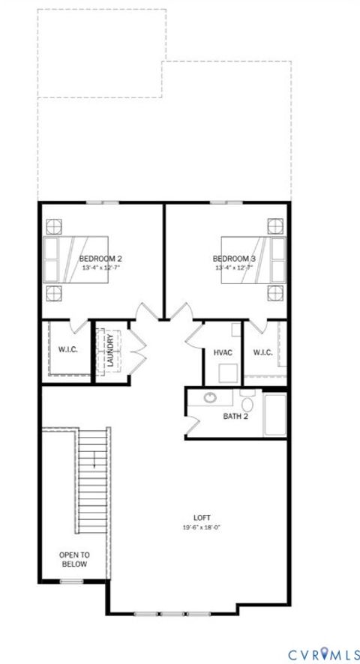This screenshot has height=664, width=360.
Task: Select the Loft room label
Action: pyautogui.click(x=201, y=517)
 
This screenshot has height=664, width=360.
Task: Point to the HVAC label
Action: pyautogui.click(x=222, y=352)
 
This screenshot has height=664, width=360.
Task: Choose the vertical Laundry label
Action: pyautogui.click(x=111, y=351)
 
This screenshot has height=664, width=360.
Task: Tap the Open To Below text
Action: pyautogui.click(x=73, y=559)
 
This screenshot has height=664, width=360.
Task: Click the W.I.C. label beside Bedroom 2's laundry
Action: pyautogui.click(x=68, y=350)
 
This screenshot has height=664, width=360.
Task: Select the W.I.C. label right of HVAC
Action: pyautogui.click(x=262, y=352)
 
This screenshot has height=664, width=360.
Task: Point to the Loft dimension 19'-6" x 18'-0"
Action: pyautogui.click(x=201, y=527)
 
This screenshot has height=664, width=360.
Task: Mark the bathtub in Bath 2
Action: pyautogui.click(x=274, y=414)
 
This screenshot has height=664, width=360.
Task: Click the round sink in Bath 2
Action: pyautogui.click(x=211, y=398)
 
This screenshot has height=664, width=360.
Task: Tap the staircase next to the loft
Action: pyautogui.click(x=93, y=480)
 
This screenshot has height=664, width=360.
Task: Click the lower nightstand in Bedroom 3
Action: pyautogui.click(x=275, y=292)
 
